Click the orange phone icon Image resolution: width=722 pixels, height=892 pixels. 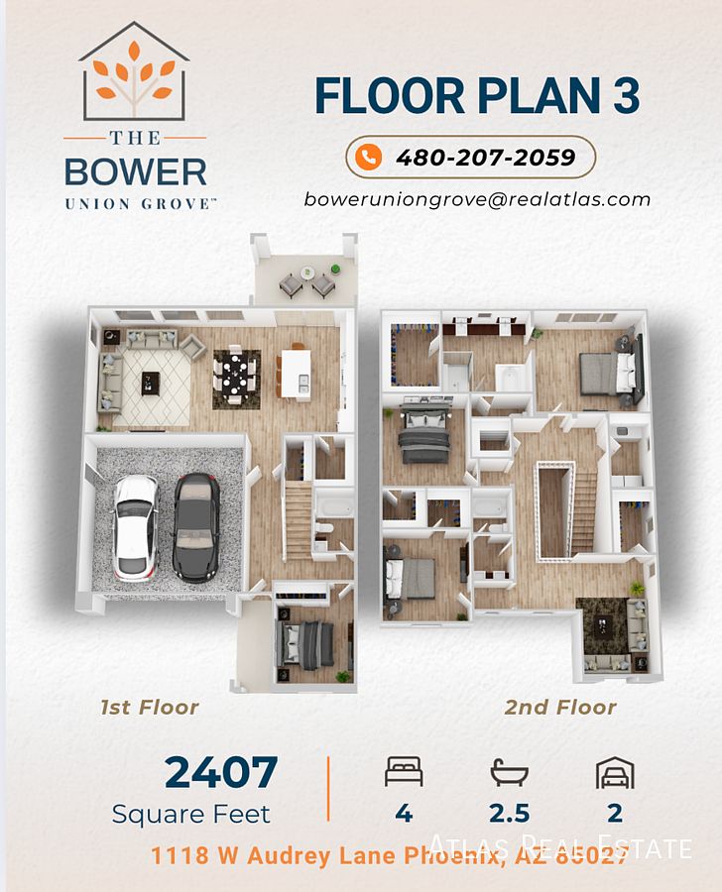(x=368, y=157)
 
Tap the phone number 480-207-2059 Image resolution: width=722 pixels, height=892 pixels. (x=486, y=158)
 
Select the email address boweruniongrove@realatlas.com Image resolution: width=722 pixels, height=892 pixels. (x=477, y=199)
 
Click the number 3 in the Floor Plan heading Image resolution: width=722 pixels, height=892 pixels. (x=627, y=95)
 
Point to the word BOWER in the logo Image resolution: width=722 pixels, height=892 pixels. (x=136, y=171)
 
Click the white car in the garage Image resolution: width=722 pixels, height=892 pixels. (x=136, y=527)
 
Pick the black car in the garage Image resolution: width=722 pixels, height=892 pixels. (x=196, y=527)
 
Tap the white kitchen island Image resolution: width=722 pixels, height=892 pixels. (x=296, y=374)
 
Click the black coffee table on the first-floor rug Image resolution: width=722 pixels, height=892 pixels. (x=151, y=383)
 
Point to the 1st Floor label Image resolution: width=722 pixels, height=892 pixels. (x=149, y=707)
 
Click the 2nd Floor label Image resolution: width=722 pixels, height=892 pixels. (x=560, y=707)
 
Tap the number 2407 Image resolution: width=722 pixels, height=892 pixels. (x=221, y=772)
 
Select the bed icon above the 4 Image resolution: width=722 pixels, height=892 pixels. (x=404, y=771)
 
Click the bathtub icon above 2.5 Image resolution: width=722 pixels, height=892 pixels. (x=509, y=772)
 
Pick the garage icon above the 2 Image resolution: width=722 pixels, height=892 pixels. (x=615, y=772)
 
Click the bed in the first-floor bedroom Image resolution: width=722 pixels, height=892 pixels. (x=305, y=644)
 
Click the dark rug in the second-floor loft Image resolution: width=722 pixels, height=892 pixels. (x=602, y=625)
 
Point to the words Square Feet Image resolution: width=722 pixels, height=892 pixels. (x=190, y=814)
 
